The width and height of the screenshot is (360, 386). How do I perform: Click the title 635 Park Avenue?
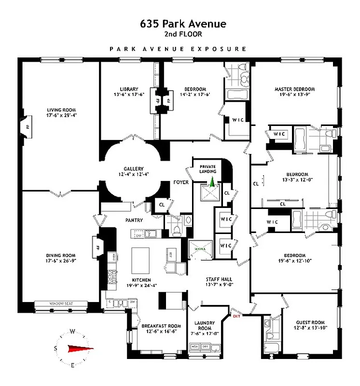(180, 24)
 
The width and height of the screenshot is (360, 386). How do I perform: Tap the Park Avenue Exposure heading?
(178, 49)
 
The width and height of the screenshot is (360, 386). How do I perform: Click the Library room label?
(129, 89)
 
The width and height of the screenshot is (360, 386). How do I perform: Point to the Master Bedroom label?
(294, 89)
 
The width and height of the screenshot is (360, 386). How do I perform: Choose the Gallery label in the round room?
(133, 168)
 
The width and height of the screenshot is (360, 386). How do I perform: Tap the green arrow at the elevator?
(211, 182)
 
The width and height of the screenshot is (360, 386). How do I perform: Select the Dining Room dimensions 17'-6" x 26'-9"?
(61, 262)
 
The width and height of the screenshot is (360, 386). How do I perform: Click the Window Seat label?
(61, 303)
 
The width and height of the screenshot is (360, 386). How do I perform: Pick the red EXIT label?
(236, 316)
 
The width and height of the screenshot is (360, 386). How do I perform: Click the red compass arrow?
(79, 348)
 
